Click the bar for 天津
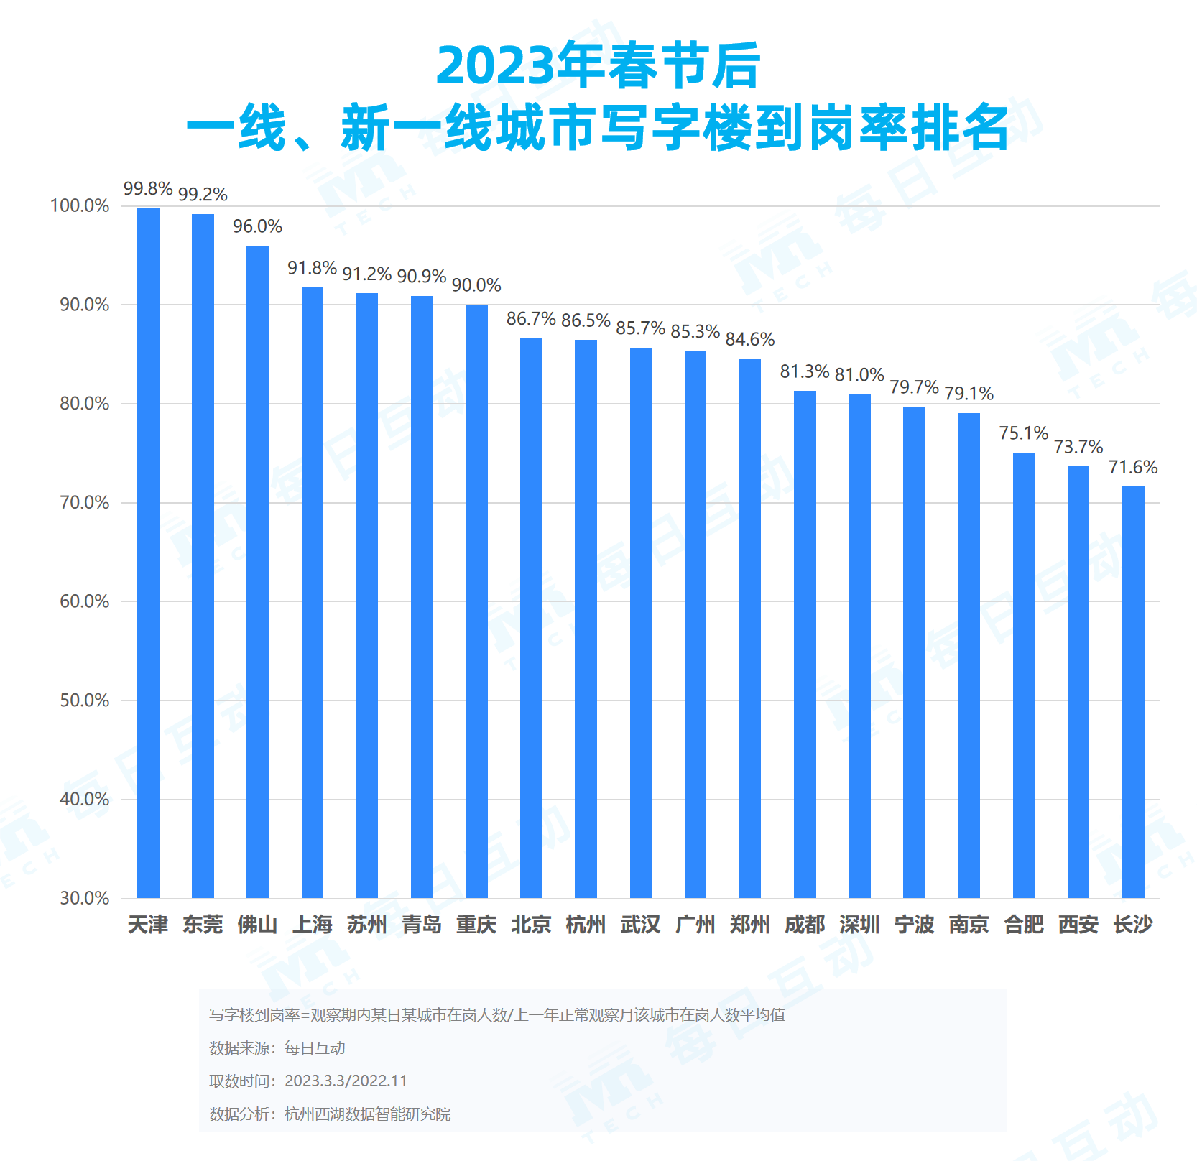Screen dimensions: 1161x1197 pyautogui.click(x=148, y=552)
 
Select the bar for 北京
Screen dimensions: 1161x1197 pyautogui.click(x=531, y=618)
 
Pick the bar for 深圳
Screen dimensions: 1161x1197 pyautogui.click(x=859, y=646)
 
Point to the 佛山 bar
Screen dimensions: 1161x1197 pyautogui.click(x=257, y=572)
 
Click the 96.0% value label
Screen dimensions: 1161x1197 pyautogui.click(x=257, y=226)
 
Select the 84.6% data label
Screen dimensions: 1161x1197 pyautogui.click(x=750, y=339)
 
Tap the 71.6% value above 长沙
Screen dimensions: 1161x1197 pyautogui.click(x=1133, y=467)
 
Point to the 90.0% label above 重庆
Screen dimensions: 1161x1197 pyautogui.click(x=476, y=285)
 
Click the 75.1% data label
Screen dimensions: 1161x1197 pyautogui.click(x=1024, y=433)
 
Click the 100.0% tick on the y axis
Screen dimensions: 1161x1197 pyautogui.click(x=80, y=206)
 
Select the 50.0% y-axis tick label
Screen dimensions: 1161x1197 pyautogui.click(x=84, y=700)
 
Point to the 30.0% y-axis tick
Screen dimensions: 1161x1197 pyautogui.click(x=84, y=898)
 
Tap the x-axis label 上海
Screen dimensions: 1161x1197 pyautogui.click(x=313, y=925)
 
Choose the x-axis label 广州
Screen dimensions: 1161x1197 pyautogui.click(x=695, y=925)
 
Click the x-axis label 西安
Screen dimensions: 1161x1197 pyautogui.click(x=1078, y=925)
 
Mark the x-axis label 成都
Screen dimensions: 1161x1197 pyautogui.click(x=805, y=925)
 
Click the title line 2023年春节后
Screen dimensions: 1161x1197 pyautogui.click(x=598, y=66)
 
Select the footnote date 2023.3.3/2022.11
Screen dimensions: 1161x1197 pyautogui.click(x=346, y=1081)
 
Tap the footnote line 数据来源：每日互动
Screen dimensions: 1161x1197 pyautogui.click(x=277, y=1048)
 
